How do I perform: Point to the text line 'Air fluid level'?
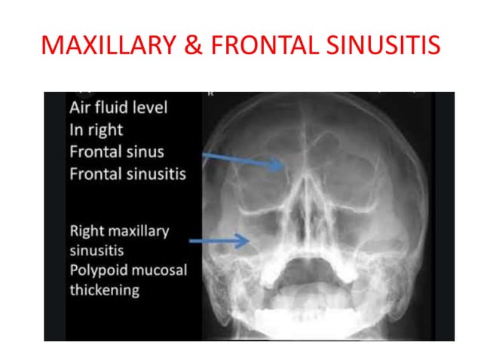tap(118, 107)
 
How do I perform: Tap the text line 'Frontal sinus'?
tap(116, 151)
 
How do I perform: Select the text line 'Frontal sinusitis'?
tap(127, 174)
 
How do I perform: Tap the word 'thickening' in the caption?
tap(104, 290)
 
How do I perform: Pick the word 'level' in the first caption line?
tap(149, 107)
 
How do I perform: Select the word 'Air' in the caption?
tap(81, 107)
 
